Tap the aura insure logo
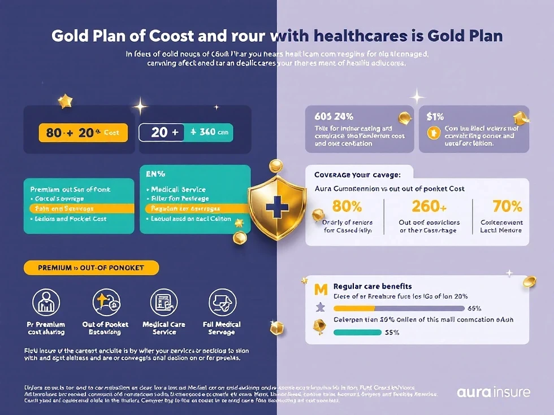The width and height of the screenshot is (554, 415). tap(494, 392)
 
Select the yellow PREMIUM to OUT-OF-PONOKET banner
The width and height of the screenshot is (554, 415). tap(91, 268)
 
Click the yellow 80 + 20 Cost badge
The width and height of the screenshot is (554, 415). tap(83, 133)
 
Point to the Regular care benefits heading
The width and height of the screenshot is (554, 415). tap(373, 286)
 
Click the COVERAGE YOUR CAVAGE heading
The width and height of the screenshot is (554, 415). tap(358, 174)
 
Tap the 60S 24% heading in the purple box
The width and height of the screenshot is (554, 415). tap(334, 117)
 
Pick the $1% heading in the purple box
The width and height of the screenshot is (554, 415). tap(435, 117)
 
